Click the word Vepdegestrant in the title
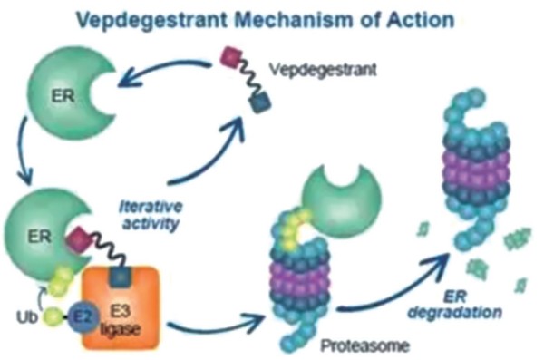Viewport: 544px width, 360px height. pyautogui.click(x=152, y=20)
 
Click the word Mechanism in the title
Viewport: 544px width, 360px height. pyautogui.click(x=295, y=19)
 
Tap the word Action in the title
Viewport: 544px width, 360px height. pyautogui.click(x=421, y=19)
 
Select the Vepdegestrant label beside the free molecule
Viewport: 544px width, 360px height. pyautogui.click(x=323, y=70)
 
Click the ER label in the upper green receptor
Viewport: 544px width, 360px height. pyautogui.click(x=63, y=95)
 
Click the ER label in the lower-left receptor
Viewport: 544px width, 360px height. pyautogui.click(x=40, y=237)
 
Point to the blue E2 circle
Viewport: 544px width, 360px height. pyautogui.click(x=83, y=316)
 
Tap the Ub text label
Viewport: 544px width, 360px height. pyautogui.click(x=26, y=317)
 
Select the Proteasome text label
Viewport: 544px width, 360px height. pyautogui.click(x=365, y=345)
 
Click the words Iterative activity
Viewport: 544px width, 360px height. pyautogui.click(x=151, y=215)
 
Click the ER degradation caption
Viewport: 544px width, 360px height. pyautogui.click(x=455, y=305)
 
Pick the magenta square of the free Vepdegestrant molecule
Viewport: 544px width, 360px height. pyautogui.click(x=231, y=56)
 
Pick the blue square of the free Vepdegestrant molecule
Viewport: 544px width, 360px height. pyautogui.click(x=260, y=103)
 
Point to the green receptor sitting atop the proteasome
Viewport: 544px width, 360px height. pyautogui.click(x=342, y=200)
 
